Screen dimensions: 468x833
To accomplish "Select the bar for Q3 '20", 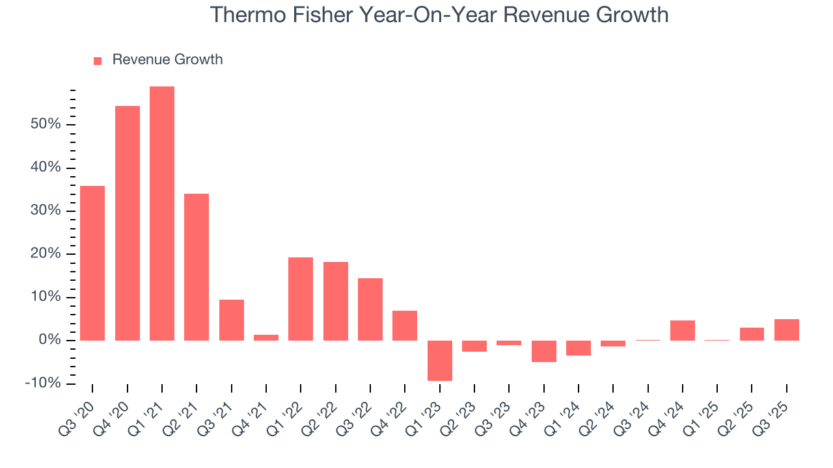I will (92, 263).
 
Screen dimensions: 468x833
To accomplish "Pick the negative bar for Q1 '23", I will (440, 360).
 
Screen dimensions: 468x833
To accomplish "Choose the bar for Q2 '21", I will (197, 267).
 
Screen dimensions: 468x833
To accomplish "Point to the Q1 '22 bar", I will (301, 299).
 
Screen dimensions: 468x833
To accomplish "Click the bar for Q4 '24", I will (683, 330).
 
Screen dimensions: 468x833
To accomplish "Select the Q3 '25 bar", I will (787, 330).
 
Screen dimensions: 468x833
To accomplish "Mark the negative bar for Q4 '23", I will (544, 351).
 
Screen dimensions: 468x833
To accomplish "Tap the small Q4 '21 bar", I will (266, 337).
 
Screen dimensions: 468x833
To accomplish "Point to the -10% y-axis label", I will (43, 383).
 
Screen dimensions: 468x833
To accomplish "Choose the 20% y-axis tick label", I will (46, 253).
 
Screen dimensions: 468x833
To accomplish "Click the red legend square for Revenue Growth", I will (98, 60).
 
